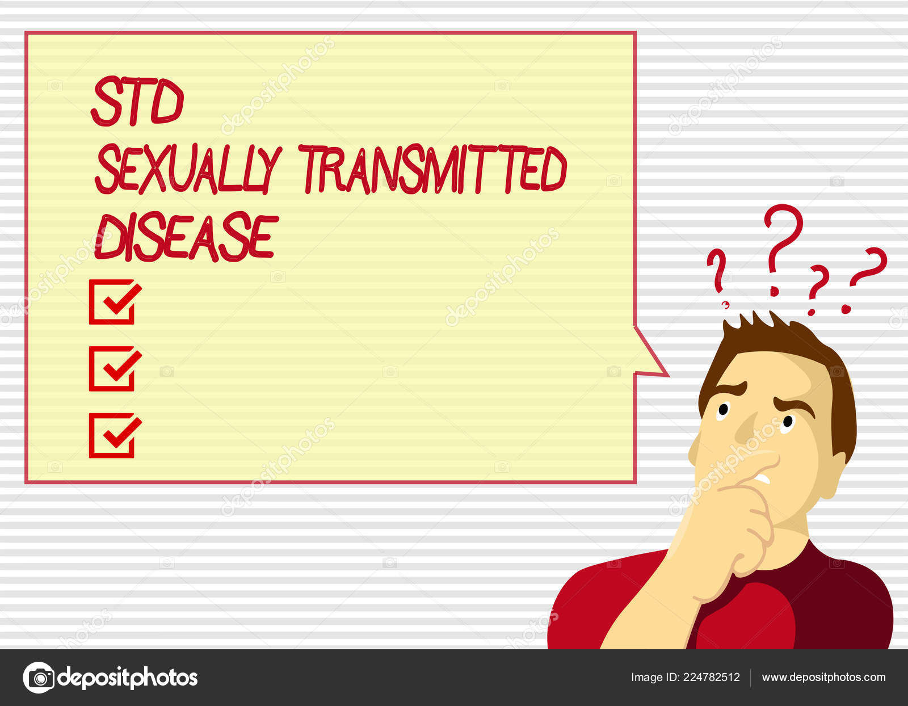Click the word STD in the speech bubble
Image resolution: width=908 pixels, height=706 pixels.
point(137,100)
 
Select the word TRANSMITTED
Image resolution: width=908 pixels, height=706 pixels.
point(434,169)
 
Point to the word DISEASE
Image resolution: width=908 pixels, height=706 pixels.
point(186,237)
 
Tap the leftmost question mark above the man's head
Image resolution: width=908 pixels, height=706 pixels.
point(717,278)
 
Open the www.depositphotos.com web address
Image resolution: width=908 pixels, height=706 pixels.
point(824,678)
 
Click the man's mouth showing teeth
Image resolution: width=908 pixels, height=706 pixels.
point(763,477)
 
